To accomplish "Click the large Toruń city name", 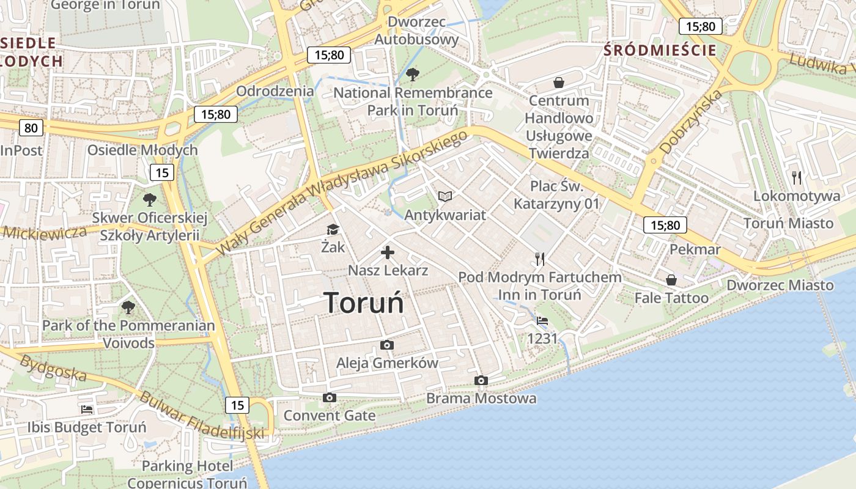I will (x=364, y=303).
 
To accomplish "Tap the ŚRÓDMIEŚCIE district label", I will (x=660, y=50).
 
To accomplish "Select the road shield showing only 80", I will (x=31, y=128).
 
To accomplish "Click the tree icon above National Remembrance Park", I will (x=413, y=75).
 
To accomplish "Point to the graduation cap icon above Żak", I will (x=333, y=229).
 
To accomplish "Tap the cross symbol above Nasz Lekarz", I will (x=388, y=252).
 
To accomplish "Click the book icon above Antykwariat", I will (x=445, y=196).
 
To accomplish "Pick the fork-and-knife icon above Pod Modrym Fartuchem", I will (x=539, y=259).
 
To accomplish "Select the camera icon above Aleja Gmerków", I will (x=386, y=345).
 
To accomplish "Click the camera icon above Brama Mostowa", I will (x=481, y=381).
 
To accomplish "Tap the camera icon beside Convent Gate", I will (x=330, y=398).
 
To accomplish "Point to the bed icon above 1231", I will (x=542, y=320).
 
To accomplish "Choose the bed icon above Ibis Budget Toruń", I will (x=87, y=409).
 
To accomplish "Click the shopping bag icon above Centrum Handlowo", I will (x=558, y=82).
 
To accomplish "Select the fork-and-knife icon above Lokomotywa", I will (x=796, y=178).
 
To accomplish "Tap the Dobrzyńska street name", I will (x=691, y=122).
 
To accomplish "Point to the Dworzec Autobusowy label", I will (x=416, y=31).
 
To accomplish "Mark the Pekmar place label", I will (x=695, y=249).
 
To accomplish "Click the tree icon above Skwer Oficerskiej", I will (x=149, y=199).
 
